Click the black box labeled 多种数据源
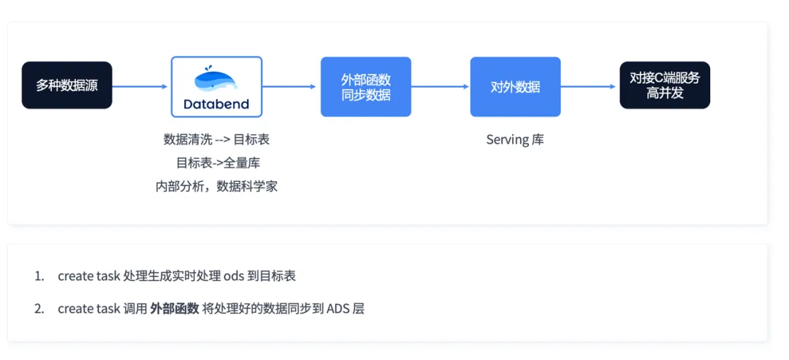coord(67,85)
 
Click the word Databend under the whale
coord(216,104)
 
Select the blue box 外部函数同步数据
coord(366,86)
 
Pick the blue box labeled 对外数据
coord(515,86)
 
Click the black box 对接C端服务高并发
coord(665,85)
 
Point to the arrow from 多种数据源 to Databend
coord(140,86)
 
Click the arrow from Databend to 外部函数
coord(289,86)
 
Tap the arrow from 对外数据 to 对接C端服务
coord(588,86)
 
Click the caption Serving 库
coord(515,139)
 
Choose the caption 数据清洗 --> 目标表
coord(216,139)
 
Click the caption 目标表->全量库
coord(218,163)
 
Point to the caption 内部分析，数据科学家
coord(216,186)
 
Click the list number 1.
coord(39,276)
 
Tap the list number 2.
coord(39,309)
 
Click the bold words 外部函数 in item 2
coord(175,309)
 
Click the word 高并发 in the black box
coord(665,93)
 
